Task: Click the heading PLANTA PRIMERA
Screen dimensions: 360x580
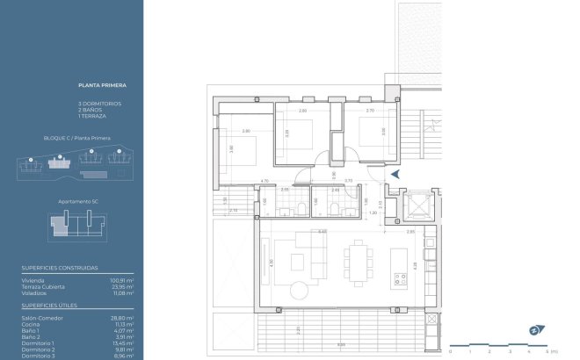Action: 102,85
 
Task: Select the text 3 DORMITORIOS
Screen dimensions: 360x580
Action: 99,104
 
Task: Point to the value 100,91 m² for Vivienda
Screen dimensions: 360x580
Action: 120,279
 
